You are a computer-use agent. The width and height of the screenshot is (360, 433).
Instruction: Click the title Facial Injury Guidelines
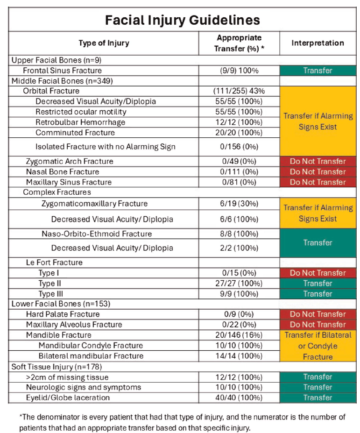[182, 20]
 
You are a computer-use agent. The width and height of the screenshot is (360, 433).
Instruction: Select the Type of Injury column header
[104, 43]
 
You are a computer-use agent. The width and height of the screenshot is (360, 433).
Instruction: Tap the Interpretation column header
[318, 43]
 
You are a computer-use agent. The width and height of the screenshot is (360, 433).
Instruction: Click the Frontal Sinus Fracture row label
[62, 71]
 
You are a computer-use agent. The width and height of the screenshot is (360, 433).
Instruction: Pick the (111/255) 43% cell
[239, 91]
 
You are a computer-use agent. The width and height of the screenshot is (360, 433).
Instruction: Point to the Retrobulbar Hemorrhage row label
[80, 122]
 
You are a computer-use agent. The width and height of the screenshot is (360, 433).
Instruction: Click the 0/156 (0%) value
[239, 147]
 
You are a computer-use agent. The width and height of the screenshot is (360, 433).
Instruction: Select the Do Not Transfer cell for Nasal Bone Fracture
[318, 171]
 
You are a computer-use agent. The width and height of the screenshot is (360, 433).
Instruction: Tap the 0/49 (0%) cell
[239, 161]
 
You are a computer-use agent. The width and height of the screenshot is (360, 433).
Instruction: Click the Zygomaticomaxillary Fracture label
[94, 203]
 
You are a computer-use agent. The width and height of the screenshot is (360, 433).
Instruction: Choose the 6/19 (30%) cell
[239, 203]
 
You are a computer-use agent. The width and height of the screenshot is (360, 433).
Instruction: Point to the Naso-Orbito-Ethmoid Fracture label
[97, 234]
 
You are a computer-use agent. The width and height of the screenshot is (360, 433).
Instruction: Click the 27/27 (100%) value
[239, 283]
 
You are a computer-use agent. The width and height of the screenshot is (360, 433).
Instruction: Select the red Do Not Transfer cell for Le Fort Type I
[318, 273]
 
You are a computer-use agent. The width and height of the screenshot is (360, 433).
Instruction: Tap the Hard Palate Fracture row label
[63, 314]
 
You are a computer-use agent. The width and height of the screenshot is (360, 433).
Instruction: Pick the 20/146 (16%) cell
[239, 335]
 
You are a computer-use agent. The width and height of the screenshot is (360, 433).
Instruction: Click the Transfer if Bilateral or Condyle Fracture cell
[318, 346]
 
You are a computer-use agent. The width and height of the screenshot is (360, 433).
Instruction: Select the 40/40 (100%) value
[239, 398]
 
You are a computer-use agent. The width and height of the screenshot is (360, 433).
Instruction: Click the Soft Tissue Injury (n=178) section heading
[56, 367]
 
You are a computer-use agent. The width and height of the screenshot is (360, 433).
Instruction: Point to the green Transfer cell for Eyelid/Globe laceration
[318, 398]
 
